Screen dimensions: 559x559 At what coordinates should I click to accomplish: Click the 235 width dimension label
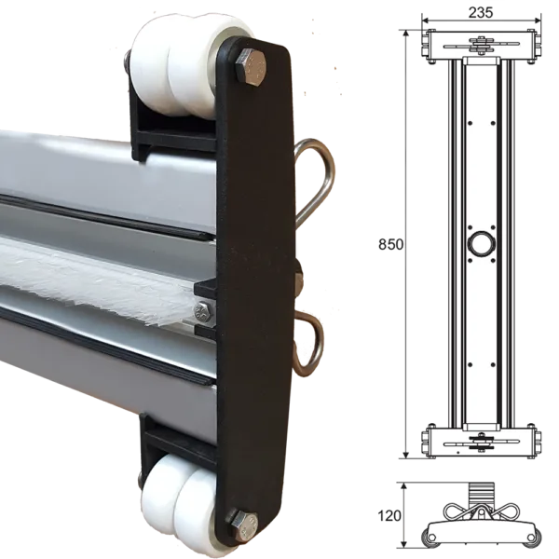click(481, 12)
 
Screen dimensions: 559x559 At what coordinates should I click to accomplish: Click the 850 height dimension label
click(390, 244)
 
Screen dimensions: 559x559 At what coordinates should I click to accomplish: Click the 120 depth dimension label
click(389, 515)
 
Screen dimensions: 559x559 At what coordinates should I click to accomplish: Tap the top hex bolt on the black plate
click(251, 68)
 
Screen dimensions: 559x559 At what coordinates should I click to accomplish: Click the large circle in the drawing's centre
click(482, 244)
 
